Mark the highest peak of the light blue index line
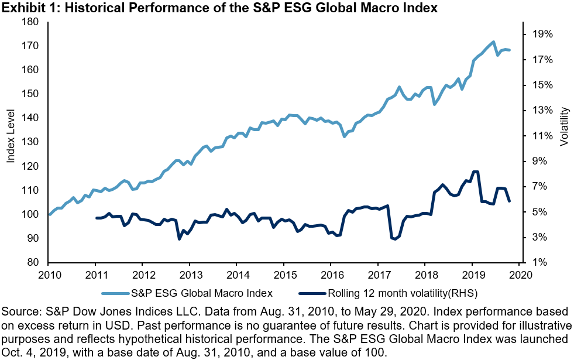(493, 42)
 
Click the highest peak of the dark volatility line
(475, 172)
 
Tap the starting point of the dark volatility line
(96, 218)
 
